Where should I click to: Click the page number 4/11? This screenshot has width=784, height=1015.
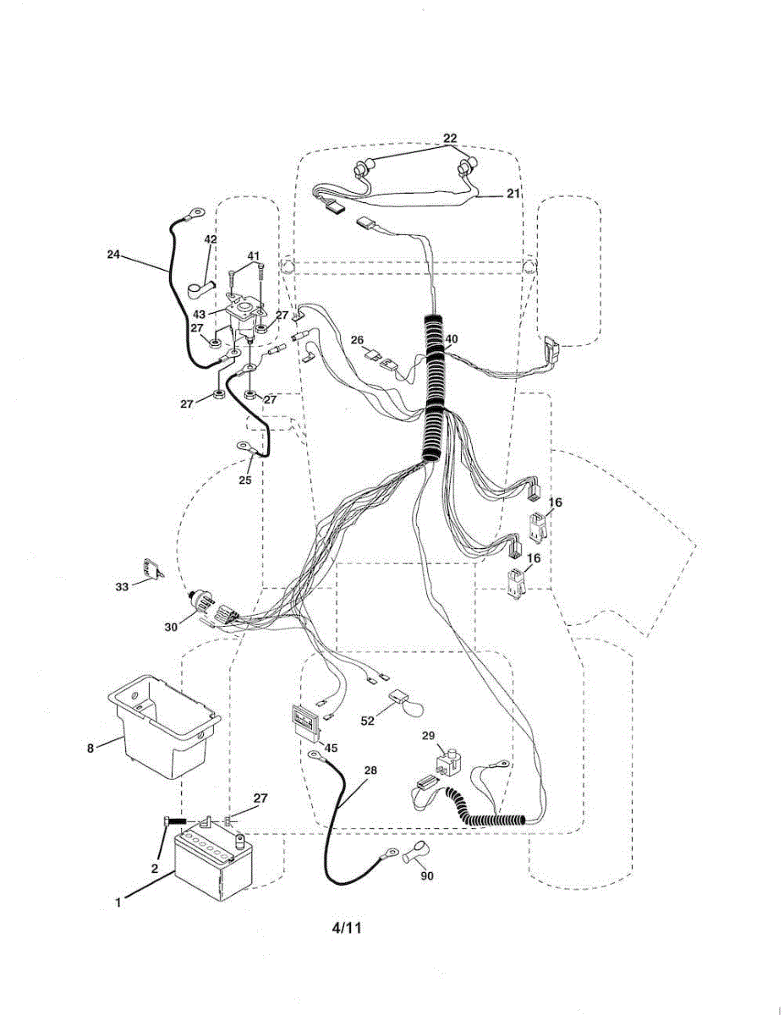click(x=347, y=927)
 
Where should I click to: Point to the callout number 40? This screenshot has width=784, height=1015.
click(x=451, y=339)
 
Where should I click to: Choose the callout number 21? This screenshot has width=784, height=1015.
click(x=513, y=194)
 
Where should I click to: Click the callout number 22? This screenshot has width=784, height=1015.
click(x=450, y=138)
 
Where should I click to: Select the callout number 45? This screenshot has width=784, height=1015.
click(x=331, y=748)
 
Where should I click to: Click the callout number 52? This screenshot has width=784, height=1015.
click(x=368, y=721)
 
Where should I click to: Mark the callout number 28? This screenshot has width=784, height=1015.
click(x=371, y=771)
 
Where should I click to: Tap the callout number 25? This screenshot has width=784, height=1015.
click(x=245, y=480)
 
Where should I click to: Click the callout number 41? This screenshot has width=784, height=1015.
click(x=254, y=255)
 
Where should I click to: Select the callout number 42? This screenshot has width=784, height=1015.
click(x=211, y=239)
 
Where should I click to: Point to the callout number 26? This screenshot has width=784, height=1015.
click(x=358, y=341)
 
